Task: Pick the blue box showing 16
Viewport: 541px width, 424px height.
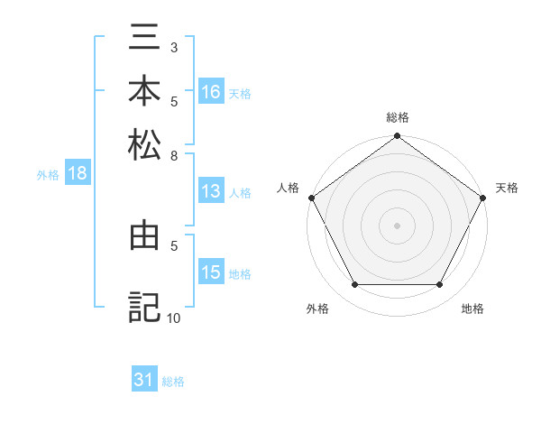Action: pos(211,92)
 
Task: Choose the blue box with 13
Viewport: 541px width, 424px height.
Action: pos(211,191)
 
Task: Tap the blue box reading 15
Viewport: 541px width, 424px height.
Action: pos(211,272)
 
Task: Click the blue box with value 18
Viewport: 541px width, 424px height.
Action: pos(78,174)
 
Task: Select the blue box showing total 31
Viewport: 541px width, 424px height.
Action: pos(144,381)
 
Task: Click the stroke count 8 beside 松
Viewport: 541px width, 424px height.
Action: pos(174,156)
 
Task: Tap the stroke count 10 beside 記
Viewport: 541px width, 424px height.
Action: pos(174,318)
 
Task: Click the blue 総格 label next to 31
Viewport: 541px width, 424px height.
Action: pos(173,382)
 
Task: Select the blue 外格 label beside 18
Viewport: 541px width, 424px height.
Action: pos(48,175)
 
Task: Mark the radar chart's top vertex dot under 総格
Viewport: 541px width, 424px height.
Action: pos(397,137)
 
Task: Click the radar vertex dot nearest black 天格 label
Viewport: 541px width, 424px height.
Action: pos(483,198)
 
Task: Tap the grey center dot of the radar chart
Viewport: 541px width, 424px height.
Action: pos(397,225)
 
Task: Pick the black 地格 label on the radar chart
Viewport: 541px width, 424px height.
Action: pos(472,309)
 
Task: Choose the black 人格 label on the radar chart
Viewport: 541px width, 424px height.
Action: pos(289,188)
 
